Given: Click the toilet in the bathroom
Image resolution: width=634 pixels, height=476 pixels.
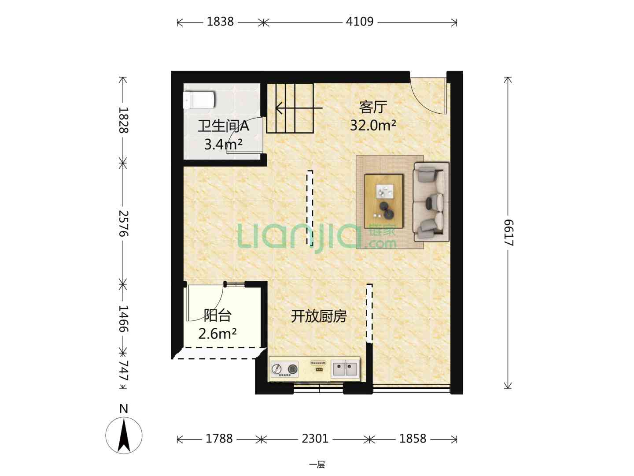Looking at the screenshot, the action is [199, 100].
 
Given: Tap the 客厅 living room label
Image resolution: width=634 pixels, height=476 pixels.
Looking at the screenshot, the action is [373, 107].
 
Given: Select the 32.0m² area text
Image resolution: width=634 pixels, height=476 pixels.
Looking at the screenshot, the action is [373, 126].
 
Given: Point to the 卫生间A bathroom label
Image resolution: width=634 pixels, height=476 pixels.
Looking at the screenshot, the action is [223, 126].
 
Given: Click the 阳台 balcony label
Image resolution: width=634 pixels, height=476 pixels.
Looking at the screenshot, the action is [217, 315].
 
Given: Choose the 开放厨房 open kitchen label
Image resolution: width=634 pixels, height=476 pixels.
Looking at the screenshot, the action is [319, 316].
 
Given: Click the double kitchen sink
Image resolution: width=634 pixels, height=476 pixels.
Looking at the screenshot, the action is [345, 369].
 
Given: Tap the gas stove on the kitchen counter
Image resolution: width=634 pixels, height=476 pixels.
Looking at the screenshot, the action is [285, 369].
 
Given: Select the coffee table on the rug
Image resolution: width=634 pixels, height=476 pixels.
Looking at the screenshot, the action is [384, 201].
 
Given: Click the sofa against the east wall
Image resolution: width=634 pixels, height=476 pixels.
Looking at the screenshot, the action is [431, 202].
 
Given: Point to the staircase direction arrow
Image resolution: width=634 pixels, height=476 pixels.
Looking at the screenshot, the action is [299, 108].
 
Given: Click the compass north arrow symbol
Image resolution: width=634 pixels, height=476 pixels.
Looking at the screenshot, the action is [124, 435].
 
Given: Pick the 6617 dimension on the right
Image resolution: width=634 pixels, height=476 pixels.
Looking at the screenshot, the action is [509, 233].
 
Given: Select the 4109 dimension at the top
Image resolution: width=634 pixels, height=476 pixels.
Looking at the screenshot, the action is [360, 22].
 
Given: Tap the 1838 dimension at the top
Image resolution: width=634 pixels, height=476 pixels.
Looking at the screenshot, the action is [220, 22].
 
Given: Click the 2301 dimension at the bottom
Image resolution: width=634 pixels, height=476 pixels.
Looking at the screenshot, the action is [315, 439].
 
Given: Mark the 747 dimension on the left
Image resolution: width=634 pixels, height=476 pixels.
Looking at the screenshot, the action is [123, 371].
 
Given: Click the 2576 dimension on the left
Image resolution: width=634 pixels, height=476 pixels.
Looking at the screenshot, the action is [123, 223].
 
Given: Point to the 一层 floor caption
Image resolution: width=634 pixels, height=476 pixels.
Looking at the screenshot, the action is [317, 465].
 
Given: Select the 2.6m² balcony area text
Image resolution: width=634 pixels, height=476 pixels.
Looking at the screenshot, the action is [217, 334].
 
